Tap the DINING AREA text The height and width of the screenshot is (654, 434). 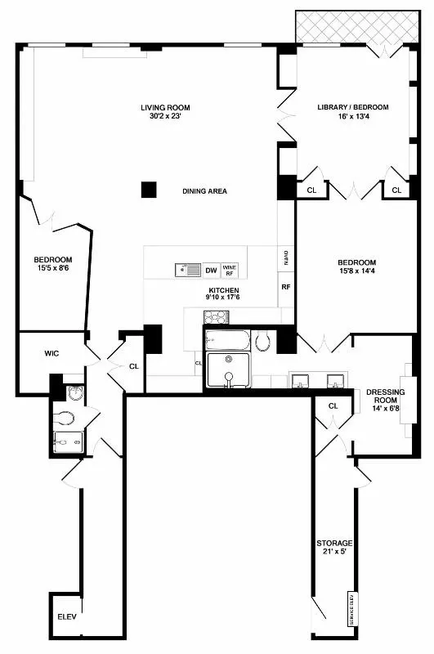204,191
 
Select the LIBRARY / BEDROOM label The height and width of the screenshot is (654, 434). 352,107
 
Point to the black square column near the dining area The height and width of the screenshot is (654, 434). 148,190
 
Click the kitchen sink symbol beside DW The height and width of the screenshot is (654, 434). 187,270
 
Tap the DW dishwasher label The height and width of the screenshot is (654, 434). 211,270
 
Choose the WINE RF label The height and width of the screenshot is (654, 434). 230,270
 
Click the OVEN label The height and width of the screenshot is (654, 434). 286,259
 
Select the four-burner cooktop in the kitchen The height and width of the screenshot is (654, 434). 217,316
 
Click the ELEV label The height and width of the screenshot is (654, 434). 66,616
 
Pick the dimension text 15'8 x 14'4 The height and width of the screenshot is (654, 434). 356,274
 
